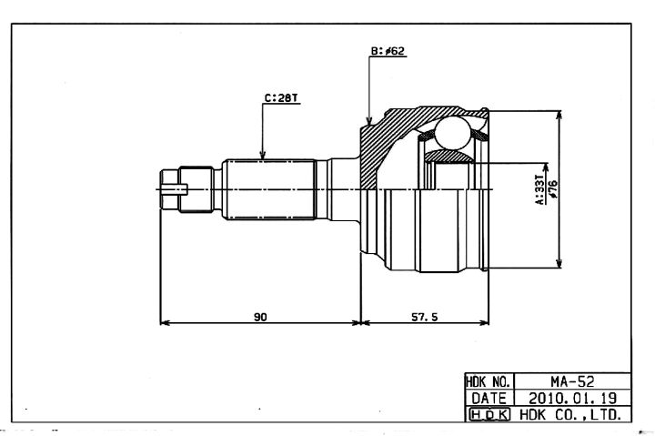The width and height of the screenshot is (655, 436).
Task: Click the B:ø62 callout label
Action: [388, 51]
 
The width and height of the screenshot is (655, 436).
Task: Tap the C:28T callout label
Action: [281, 98]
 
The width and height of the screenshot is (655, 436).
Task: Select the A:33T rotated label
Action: [540, 189]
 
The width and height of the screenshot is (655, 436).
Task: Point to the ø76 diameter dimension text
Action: [553, 189]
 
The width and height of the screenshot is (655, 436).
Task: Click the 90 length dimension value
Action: [260, 317]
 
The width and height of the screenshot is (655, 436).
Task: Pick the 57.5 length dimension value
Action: [425, 317]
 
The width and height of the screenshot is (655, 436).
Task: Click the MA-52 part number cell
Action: [572, 381]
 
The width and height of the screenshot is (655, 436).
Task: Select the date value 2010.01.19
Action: [572, 398]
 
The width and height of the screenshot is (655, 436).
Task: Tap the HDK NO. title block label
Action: [489, 381]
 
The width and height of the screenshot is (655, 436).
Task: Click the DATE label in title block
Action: [489, 398]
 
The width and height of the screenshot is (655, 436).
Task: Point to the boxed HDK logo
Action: [489, 414]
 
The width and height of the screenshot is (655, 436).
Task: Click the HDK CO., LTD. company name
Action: [570, 415]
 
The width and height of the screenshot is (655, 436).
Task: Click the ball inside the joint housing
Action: [452, 133]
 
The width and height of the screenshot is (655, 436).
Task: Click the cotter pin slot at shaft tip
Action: [175, 189]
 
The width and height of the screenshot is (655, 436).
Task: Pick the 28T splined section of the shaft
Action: [269, 189]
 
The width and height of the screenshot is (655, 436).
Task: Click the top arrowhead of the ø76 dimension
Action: [559, 116]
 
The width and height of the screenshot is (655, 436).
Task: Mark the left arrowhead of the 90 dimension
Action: [165, 323]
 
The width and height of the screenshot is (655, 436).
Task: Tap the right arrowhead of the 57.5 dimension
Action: [484, 323]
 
